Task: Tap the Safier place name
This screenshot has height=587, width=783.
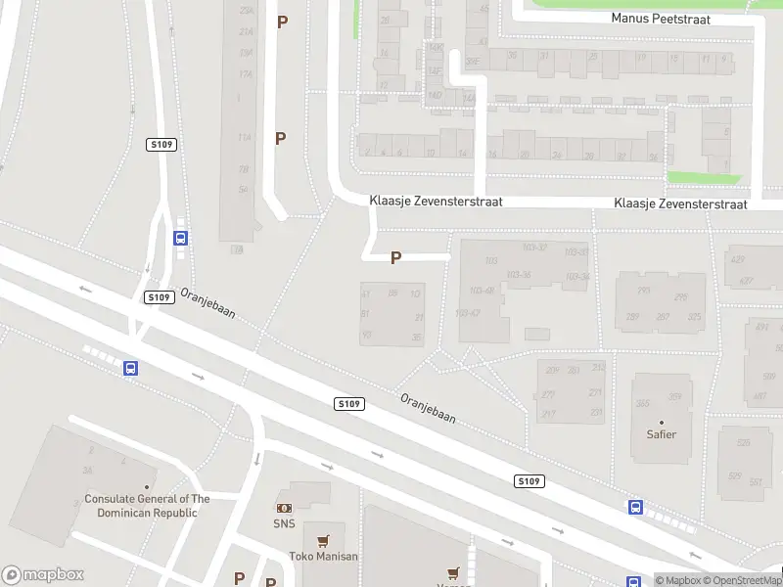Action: click(x=662, y=434)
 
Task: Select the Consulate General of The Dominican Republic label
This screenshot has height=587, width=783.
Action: click(x=147, y=505)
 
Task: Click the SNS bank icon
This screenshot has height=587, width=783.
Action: click(x=284, y=508)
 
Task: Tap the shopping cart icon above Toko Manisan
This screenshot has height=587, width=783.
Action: click(x=323, y=540)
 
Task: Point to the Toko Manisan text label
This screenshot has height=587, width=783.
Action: click(x=323, y=557)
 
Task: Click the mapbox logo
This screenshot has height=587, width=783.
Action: click(x=43, y=574)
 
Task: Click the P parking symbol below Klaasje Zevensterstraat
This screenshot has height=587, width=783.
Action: click(x=395, y=258)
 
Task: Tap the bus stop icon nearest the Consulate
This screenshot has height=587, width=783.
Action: click(x=130, y=368)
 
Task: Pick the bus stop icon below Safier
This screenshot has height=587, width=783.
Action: click(x=635, y=507)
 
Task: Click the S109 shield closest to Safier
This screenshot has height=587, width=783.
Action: click(x=529, y=480)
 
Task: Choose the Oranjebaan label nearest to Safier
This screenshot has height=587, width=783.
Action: click(x=428, y=407)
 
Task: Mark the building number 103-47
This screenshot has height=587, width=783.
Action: click(x=468, y=313)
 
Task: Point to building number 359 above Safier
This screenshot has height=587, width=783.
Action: click(x=674, y=396)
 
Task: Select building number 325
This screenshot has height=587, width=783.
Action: click(x=695, y=317)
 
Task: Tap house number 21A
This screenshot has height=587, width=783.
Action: click(x=246, y=31)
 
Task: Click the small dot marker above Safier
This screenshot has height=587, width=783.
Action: click(x=662, y=422)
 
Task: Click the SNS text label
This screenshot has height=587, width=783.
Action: click(x=284, y=523)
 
